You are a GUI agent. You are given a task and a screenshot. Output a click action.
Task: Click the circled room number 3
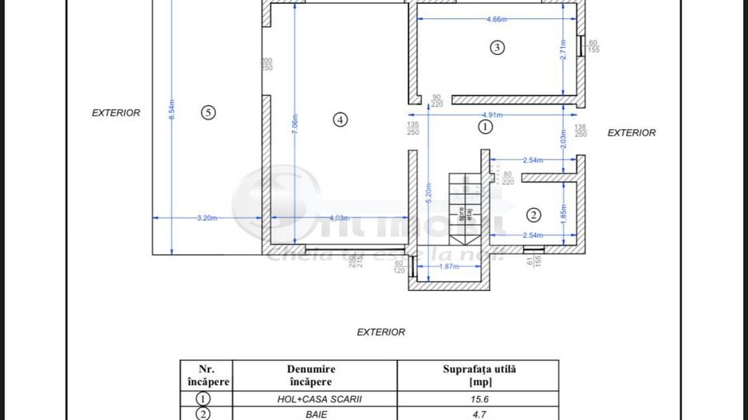pyautogui.click(x=497, y=48)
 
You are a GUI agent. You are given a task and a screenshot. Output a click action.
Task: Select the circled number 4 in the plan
pyautogui.click(x=341, y=120)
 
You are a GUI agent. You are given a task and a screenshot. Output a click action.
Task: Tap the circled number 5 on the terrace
pyautogui.click(x=208, y=112)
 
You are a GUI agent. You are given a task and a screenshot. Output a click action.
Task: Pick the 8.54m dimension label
pyautogui.click(x=171, y=110)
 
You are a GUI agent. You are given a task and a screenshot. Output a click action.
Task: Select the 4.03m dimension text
pyautogui.click(x=340, y=218)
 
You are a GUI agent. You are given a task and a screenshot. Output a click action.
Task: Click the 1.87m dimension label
pyautogui.click(x=449, y=266)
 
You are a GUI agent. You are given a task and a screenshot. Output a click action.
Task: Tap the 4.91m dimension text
pyautogui.click(x=492, y=115)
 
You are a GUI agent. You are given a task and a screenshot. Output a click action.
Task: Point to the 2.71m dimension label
pyautogui.click(x=563, y=51)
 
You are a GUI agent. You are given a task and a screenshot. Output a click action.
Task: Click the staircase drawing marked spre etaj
pyautogui.click(x=460, y=208)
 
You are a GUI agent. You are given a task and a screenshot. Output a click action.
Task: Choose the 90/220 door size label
pyautogui.click(x=436, y=101)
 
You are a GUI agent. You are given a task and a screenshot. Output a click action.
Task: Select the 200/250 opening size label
pyautogui.click(x=266, y=65)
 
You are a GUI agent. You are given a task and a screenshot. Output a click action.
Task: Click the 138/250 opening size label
pyautogui.click(x=581, y=131)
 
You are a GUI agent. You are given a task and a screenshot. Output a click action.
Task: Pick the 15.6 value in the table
pyautogui.click(x=478, y=399)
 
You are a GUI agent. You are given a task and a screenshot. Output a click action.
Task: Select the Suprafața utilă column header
pyautogui.click(x=478, y=375)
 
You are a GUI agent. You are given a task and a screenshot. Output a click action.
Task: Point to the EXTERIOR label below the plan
pyautogui.click(x=380, y=332)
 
